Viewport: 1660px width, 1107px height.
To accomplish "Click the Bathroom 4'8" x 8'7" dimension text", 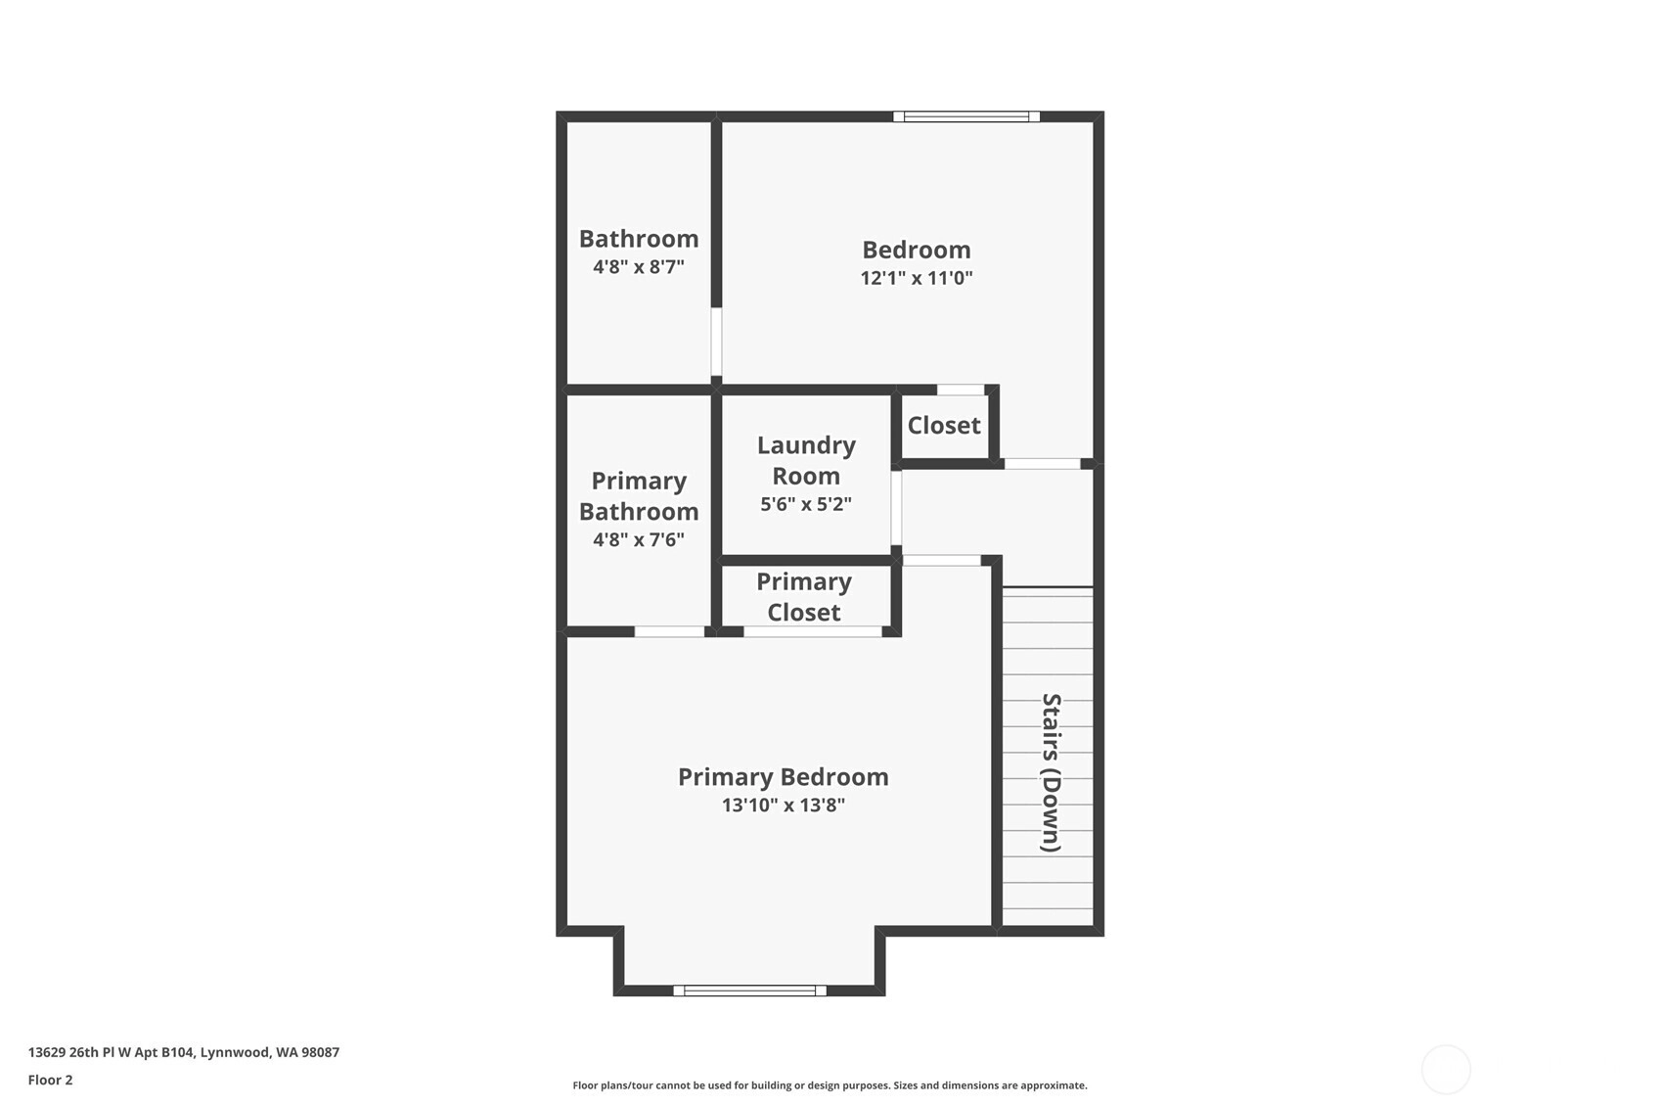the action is click(x=638, y=267).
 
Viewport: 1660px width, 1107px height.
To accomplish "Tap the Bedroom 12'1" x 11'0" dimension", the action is click(x=916, y=278).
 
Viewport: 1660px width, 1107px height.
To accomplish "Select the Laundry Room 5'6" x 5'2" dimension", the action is click(x=805, y=504).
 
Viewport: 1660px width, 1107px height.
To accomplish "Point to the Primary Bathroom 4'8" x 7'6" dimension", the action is click(x=638, y=539).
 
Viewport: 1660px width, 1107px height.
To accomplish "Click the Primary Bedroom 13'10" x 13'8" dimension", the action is click(x=784, y=806).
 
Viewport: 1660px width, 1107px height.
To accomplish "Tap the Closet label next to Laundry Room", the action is click(x=943, y=426).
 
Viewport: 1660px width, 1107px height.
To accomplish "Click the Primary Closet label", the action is click(x=804, y=597).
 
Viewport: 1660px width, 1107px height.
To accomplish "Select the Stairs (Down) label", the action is click(x=1051, y=772).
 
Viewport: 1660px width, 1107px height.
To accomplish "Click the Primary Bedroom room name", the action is click(x=784, y=777).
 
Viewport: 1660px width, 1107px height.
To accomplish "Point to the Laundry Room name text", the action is click(x=806, y=460).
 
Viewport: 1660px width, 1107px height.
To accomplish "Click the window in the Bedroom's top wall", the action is click(x=966, y=116).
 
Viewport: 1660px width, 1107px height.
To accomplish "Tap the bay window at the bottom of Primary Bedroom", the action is click(x=749, y=991).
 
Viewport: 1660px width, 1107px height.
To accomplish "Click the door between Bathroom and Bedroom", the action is click(x=717, y=342).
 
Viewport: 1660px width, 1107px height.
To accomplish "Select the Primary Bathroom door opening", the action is click(x=669, y=631).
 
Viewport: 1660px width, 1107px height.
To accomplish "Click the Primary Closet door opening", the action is click(x=813, y=631).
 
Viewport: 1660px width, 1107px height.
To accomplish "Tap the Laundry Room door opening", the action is click(x=896, y=509).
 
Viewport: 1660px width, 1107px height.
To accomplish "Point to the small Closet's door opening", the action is click(x=961, y=390).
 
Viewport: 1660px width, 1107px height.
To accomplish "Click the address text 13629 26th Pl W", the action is click(x=112, y=1052).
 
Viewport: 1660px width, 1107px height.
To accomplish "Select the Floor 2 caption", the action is click(x=51, y=1080).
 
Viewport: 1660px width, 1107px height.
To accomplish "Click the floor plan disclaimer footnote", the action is click(x=830, y=1085).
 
